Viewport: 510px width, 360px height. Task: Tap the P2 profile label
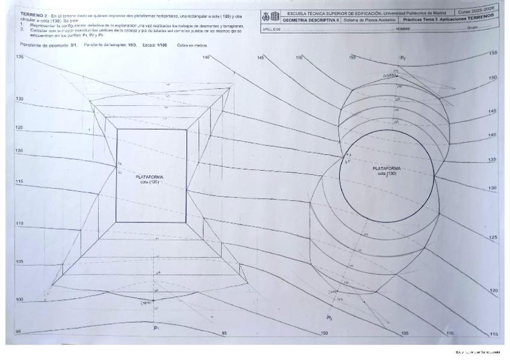pos(403,58)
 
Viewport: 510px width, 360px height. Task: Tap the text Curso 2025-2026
pos(479,10)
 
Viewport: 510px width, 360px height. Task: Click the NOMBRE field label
pos(404,28)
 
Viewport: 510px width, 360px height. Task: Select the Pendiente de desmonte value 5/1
pos(58,45)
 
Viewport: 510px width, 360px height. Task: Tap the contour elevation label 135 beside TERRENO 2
pos(19,56)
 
